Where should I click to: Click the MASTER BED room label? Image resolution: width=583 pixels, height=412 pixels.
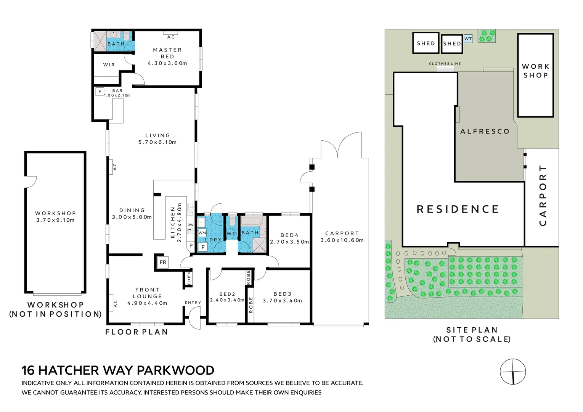pos(167,53)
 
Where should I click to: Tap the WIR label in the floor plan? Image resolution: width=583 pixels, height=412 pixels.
pos(109,65)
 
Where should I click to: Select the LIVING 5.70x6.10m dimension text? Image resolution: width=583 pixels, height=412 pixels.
pos(157,142)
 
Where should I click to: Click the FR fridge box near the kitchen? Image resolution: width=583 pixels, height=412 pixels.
pos(163,262)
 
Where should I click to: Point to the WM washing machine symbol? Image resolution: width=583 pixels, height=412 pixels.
pos(202,233)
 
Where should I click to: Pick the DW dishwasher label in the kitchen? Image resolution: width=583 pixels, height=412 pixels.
pos(191,225)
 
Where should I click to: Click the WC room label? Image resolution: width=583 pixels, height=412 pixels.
pos(231,233)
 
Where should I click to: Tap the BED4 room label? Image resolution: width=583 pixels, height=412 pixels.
pos(289,235)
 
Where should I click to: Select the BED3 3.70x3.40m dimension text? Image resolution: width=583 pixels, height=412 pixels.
pos(282,301)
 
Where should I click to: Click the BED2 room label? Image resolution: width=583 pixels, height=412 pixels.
pos(227,294)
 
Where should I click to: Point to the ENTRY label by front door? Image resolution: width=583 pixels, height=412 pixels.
pos(193,303)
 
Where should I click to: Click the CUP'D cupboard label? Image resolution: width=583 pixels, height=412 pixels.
pos(189,278)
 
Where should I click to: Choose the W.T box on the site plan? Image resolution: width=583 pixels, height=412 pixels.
pos(468,39)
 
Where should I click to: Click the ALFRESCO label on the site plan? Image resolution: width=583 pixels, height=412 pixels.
pos(485,132)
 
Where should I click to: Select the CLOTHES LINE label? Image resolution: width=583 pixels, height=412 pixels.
pos(445,64)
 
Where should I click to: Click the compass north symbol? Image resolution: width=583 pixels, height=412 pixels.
pos(513,372)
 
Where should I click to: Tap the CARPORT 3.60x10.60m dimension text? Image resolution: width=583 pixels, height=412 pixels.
pos(342,240)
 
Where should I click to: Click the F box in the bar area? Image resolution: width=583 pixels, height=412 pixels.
pos(100,92)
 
